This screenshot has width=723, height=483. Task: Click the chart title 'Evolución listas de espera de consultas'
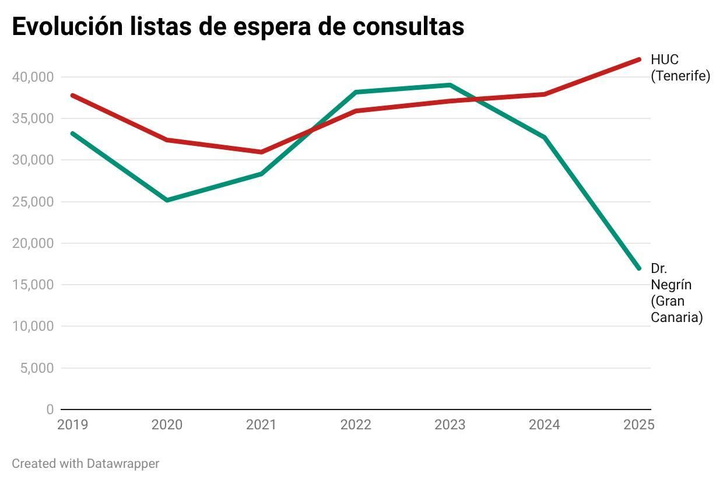pyautogui.click(x=238, y=26)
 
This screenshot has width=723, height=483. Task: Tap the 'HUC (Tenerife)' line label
pyautogui.click(x=680, y=68)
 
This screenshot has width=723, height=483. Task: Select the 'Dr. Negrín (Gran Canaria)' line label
pyautogui.click(x=676, y=293)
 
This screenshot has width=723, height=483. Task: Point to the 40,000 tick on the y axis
pyautogui.click(x=33, y=77)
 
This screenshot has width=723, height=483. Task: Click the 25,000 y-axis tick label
pyautogui.click(x=33, y=202)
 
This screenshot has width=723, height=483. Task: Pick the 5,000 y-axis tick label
pyautogui.click(x=36, y=368)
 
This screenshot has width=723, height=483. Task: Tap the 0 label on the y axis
pyautogui.click(x=50, y=409)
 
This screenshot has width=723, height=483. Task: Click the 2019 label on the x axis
pyautogui.click(x=72, y=425)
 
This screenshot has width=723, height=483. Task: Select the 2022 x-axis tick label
pyautogui.click(x=356, y=425)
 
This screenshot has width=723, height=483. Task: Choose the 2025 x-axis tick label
pyautogui.click(x=639, y=425)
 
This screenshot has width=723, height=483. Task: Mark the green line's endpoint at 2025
pyautogui.click(x=639, y=268)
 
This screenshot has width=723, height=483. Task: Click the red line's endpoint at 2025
pyautogui.click(x=639, y=60)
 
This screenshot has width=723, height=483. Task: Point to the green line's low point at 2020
pyautogui.click(x=167, y=200)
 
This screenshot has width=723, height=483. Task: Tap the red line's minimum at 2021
pyautogui.click(x=261, y=152)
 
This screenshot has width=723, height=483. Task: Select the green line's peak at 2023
pyautogui.click(x=450, y=85)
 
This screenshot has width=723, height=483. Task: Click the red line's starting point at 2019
pyautogui.click(x=72, y=95)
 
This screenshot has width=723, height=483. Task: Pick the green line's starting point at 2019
pyautogui.click(x=72, y=134)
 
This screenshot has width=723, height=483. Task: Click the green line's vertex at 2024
pyautogui.click(x=544, y=137)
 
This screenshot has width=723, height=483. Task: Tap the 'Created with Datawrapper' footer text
pyautogui.click(x=85, y=464)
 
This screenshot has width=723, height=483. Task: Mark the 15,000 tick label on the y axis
pyautogui.click(x=33, y=285)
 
